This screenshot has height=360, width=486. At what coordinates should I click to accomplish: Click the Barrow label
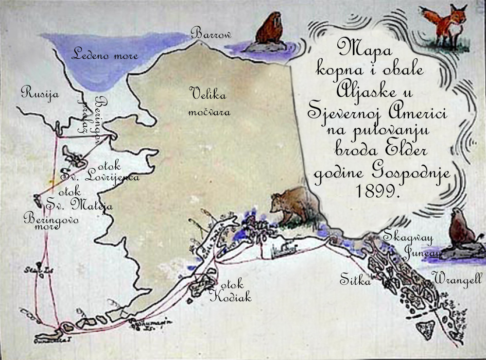click(x=211, y=34)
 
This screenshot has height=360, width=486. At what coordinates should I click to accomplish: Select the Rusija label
click(x=40, y=93)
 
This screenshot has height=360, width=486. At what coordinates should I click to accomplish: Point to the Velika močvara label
click(x=209, y=102)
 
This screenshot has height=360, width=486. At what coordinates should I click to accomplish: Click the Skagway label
click(x=408, y=237)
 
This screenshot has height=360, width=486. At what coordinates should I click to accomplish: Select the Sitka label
click(x=355, y=281)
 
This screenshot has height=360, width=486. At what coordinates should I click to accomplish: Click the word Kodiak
click(x=230, y=297)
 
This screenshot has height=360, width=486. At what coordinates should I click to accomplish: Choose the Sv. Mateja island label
click(x=79, y=205)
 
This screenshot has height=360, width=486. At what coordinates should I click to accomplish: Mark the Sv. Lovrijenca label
click(x=100, y=176)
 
